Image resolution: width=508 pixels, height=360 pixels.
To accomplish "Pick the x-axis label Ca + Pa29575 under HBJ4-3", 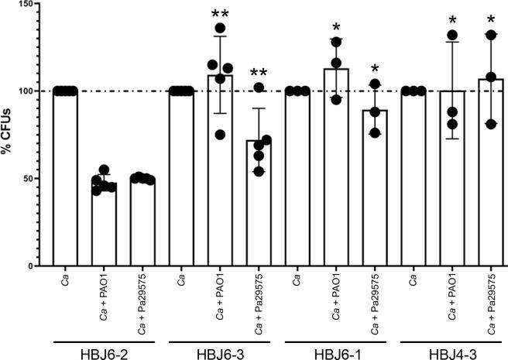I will pos(492,303).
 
